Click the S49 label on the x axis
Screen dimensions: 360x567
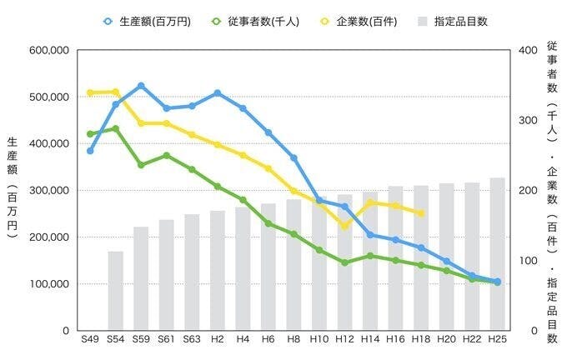pos(90,340)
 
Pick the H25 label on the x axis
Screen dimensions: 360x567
pos(498,340)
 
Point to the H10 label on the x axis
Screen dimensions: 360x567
pos(319,340)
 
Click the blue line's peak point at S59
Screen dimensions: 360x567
pos(141,86)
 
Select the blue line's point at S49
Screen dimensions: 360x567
pos(90,151)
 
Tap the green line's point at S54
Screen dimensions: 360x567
pos(116,128)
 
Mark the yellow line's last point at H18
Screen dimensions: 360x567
pos(421,213)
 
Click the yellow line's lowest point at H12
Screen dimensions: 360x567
pos(344,226)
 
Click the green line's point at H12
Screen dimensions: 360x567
pos(344,262)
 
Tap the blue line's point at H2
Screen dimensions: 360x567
pos(218,92)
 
